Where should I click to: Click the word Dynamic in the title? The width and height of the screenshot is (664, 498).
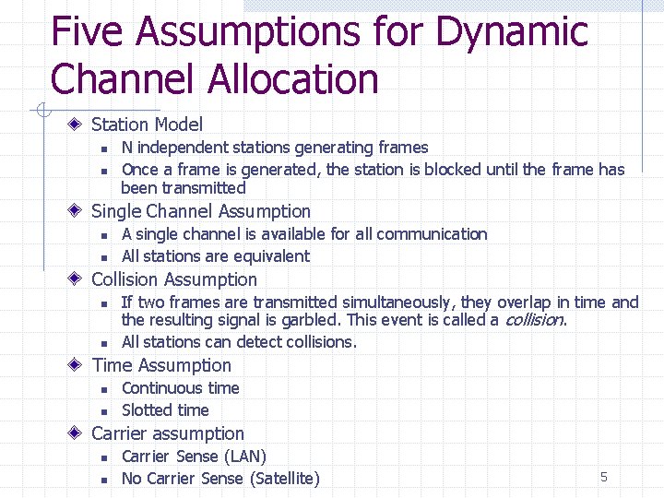(x=511, y=33)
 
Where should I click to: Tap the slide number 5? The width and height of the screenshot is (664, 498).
(x=604, y=477)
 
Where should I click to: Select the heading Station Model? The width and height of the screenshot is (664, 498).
(x=147, y=125)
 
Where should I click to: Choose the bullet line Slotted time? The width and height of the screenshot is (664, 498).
(x=165, y=410)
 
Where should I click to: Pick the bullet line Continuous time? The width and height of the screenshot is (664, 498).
(x=180, y=388)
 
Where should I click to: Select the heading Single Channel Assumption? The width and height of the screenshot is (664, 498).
(x=201, y=211)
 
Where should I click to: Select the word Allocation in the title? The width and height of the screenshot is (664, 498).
(x=294, y=79)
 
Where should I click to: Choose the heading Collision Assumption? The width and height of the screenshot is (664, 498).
(x=174, y=279)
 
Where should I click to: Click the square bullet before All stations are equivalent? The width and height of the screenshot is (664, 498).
(x=104, y=257)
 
